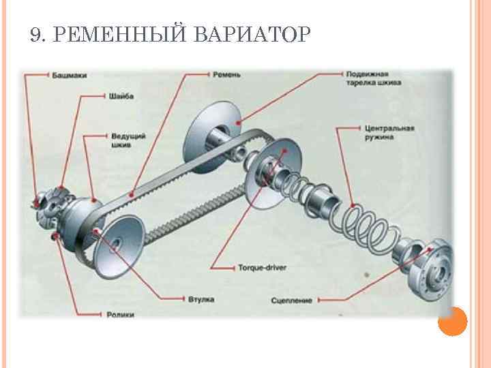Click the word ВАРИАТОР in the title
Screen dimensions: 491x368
coord(252,33)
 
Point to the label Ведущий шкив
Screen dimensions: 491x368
coord(128,140)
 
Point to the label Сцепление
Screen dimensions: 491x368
coord(291,300)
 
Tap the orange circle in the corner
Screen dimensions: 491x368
coord(452,321)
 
